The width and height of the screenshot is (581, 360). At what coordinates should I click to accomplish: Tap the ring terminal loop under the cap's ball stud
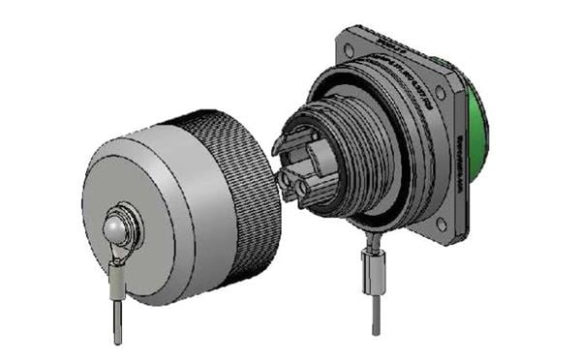coord(119,255)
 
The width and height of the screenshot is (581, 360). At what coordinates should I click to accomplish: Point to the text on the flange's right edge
coord(460,165)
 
